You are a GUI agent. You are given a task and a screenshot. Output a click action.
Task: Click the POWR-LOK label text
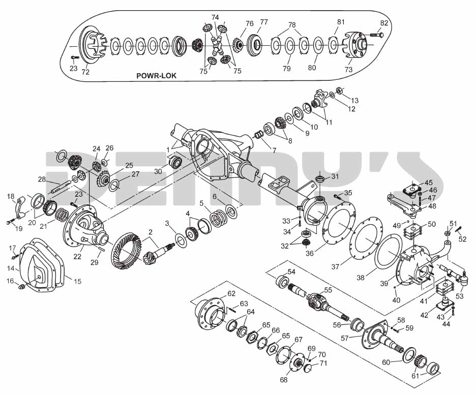tap(156, 75)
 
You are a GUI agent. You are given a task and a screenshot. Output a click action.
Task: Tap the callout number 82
tap(384, 23)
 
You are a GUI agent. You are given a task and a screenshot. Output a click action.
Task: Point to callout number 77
tap(264, 22)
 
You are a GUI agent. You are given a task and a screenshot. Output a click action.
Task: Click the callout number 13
tap(354, 100)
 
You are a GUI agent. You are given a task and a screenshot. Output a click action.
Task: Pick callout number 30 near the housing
tap(158, 171)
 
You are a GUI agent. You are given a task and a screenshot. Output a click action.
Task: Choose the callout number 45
tap(429, 182)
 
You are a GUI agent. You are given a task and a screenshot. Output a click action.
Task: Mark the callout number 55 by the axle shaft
tap(328, 290)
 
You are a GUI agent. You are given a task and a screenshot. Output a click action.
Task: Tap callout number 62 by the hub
tap(231, 293)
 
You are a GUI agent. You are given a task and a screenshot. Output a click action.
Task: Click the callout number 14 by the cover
tap(10, 267)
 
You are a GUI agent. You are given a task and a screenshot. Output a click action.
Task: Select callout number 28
tap(42, 179)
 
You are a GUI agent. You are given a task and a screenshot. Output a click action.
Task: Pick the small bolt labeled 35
tap(337, 196)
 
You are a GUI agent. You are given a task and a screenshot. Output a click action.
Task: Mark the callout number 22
tap(77, 257)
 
